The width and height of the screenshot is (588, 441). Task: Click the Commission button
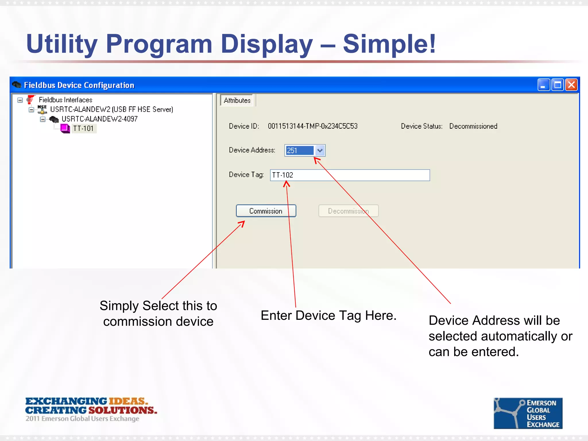click(266, 211)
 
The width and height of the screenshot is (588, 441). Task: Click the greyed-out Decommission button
click(348, 211)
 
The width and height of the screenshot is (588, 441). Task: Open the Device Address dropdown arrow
click(320, 150)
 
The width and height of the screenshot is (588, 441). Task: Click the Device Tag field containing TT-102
click(350, 175)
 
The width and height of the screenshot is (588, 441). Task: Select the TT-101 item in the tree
click(83, 128)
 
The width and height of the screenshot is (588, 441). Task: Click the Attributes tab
click(237, 100)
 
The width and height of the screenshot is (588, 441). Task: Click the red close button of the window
click(571, 85)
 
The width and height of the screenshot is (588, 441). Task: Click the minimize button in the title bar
click(543, 85)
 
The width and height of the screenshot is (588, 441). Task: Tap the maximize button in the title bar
click(557, 85)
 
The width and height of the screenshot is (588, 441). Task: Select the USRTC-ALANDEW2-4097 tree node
click(99, 119)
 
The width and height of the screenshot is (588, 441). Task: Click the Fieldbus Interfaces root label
click(65, 100)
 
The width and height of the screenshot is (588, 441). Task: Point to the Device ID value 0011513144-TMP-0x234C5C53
click(312, 126)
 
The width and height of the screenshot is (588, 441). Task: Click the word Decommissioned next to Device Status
click(473, 126)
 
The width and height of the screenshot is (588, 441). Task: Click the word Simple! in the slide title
click(389, 44)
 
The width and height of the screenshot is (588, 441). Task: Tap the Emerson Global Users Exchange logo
click(528, 413)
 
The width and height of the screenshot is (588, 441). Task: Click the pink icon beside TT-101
click(65, 128)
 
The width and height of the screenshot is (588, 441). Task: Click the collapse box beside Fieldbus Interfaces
click(20, 100)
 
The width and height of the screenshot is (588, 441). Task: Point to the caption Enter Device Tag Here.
click(328, 316)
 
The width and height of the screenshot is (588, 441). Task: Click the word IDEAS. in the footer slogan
click(128, 401)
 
